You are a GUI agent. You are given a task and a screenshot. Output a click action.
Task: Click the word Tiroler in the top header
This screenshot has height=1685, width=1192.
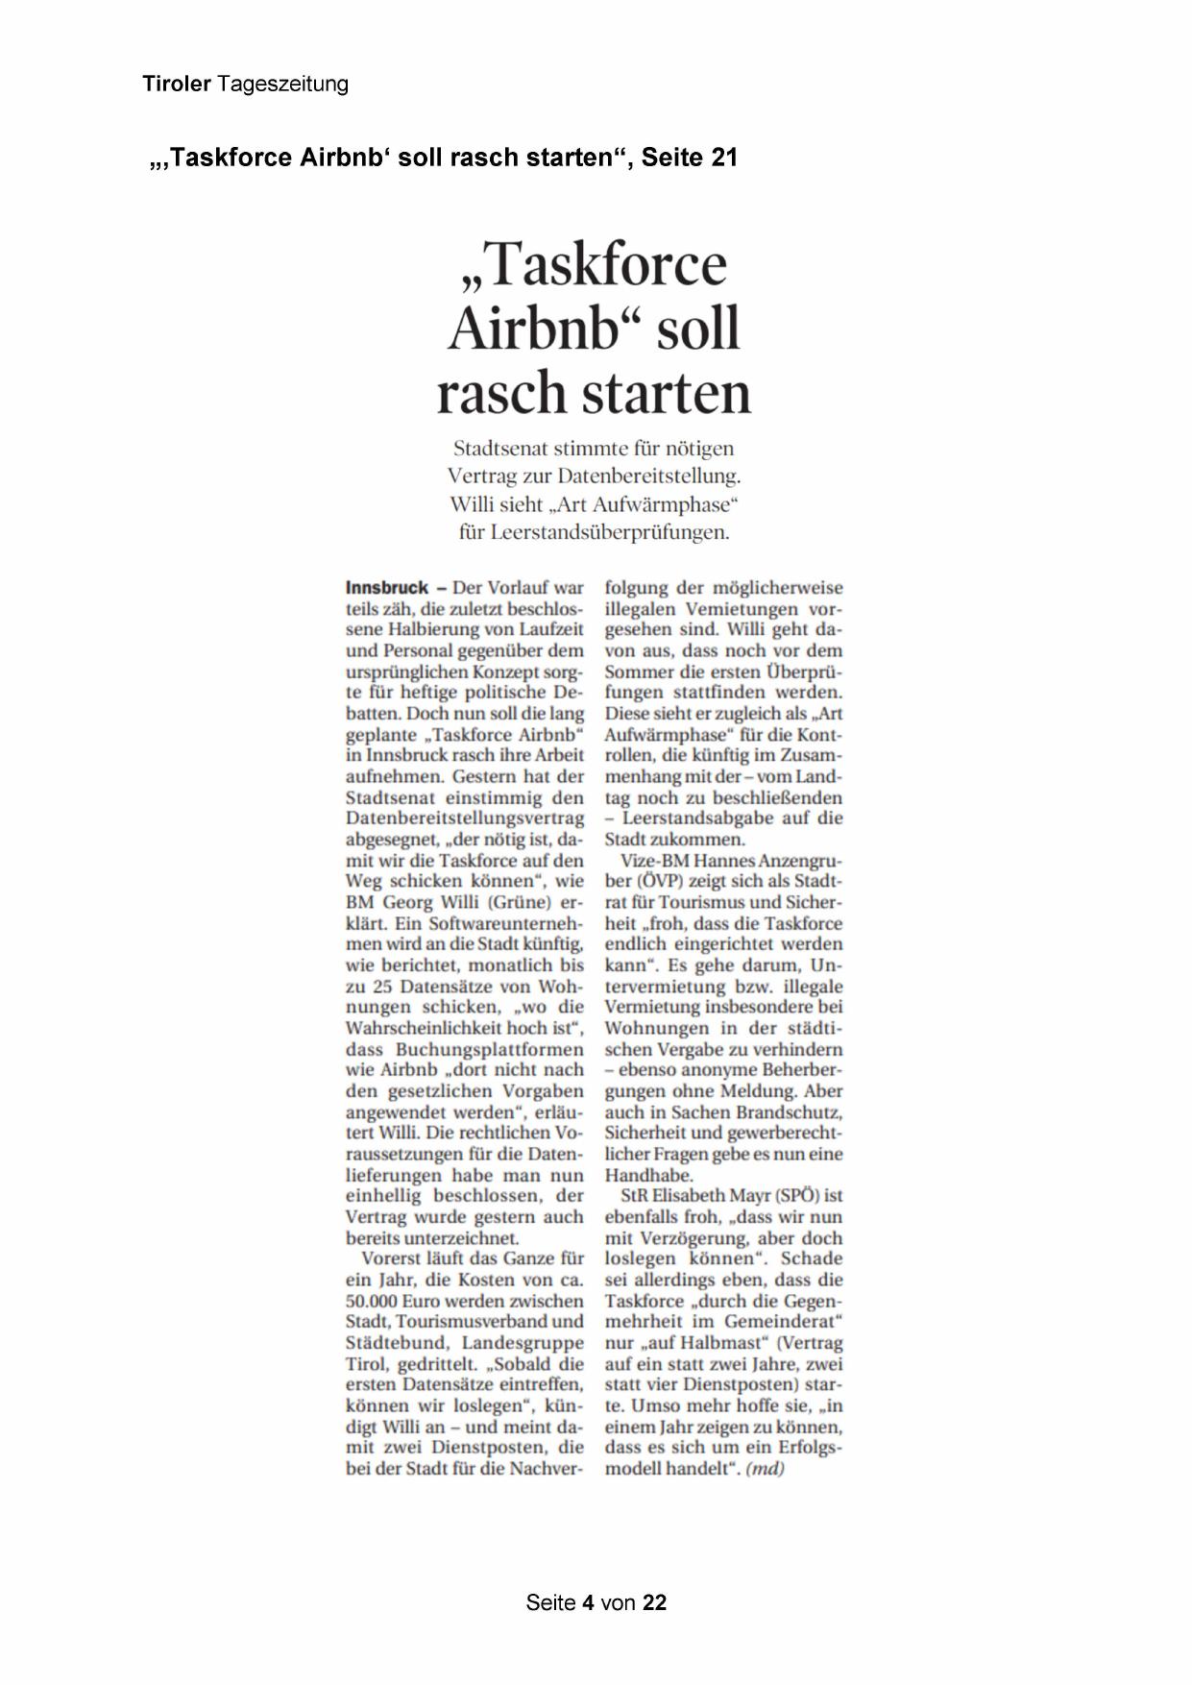point(177,85)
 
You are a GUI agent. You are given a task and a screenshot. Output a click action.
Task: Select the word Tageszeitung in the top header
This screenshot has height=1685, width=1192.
point(282,85)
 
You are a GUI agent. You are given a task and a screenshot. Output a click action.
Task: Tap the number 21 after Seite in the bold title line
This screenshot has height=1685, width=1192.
point(724,158)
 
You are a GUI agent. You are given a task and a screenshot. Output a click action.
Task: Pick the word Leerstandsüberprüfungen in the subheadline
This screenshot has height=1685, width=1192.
point(609,532)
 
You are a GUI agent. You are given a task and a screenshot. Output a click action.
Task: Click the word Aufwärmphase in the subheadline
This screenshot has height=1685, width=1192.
point(663,504)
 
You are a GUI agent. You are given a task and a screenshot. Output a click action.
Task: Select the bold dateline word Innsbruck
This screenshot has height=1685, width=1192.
point(386,588)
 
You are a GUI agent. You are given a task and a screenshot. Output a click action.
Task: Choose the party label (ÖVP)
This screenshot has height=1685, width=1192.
point(654,881)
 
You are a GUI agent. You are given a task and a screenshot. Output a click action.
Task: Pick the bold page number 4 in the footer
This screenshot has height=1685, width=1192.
point(588,1602)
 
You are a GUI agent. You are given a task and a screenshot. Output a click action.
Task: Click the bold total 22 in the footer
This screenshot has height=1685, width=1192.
point(654,1602)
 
